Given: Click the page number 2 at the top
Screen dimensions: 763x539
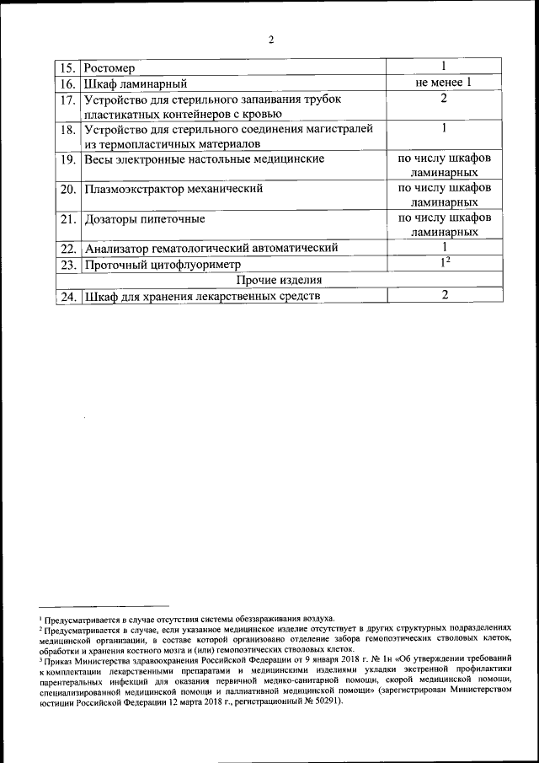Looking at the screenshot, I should (x=270, y=40).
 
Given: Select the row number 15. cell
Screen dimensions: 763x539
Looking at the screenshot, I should (x=68, y=67).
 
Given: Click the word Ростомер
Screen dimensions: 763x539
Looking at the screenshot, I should (x=109, y=67).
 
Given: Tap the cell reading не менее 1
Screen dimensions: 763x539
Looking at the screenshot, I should (x=443, y=83).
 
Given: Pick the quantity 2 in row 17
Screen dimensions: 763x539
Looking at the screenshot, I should (x=443, y=99).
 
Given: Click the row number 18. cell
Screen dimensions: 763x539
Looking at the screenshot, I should (x=68, y=130).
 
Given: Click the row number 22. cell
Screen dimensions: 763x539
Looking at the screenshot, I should (x=68, y=249).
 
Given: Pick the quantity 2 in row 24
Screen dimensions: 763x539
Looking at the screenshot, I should (x=443, y=295).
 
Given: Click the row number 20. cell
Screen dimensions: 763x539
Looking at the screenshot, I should (x=68, y=189).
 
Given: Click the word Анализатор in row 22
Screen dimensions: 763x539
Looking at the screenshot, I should (x=119, y=249).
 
